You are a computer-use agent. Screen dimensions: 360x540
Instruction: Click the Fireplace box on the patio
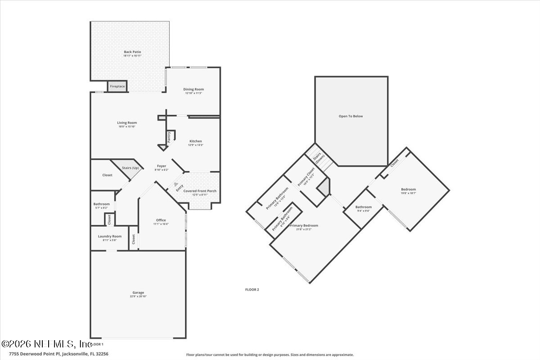(x=117, y=86)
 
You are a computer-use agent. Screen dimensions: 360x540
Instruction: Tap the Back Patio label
(x=132, y=52)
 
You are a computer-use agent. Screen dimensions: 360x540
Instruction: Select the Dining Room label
(x=193, y=89)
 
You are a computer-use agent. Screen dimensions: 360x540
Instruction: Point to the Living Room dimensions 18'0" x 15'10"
(x=127, y=126)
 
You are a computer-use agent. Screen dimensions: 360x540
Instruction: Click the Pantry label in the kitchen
(x=169, y=137)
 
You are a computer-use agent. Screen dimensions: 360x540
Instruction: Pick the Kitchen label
(x=196, y=141)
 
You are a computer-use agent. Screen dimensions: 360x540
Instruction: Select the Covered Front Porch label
(x=200, y=191)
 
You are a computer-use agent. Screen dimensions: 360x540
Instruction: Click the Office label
(x=161, y=220)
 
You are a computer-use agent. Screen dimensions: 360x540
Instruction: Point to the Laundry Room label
(x=110, y=236)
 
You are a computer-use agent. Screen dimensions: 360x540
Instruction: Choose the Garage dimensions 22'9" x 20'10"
(x=138, y=296)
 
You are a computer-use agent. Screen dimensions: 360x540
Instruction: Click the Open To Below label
(x=351, y=116)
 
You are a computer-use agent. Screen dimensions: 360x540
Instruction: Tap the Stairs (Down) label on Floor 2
(x=319, y=157)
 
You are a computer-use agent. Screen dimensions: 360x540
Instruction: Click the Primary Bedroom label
(x=304, y=225)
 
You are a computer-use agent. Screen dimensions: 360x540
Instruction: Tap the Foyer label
(x=161, y=166)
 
